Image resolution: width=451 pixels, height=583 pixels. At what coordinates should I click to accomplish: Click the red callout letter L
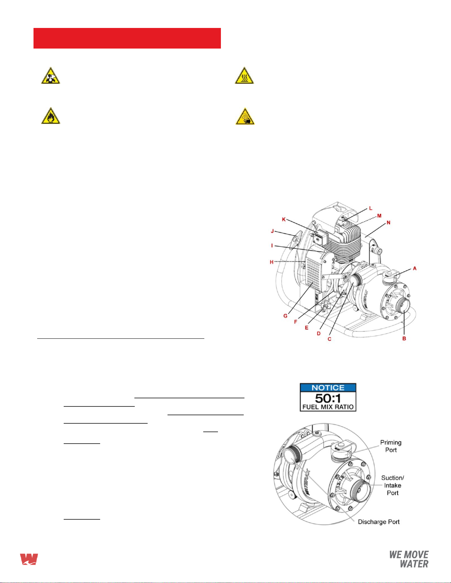tap(371, 208)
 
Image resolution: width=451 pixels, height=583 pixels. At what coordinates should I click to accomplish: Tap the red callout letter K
tap(284, 220)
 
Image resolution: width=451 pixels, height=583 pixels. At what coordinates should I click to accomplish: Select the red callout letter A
tap(415, 268)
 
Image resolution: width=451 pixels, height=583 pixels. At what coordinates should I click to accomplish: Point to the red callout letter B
tap(404, 339)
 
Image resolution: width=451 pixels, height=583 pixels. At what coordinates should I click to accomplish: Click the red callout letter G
tap(285, 316)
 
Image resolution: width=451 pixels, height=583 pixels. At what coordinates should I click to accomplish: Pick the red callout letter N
tap(388, 223)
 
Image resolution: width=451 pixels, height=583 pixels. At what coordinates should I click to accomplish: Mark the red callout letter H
tap(272, 262)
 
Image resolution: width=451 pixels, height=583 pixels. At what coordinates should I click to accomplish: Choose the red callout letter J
tap(272, 231)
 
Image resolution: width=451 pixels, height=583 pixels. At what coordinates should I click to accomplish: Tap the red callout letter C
tap(330, 339)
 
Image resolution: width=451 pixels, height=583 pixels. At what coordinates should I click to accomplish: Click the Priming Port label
tap(391, 446)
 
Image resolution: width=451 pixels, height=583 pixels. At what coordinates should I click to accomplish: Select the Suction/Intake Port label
tap(392, 485)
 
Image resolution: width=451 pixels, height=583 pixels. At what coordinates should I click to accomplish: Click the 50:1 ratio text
tap(328, 398)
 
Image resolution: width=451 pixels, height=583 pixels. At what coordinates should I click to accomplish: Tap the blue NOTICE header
tap(328, 388)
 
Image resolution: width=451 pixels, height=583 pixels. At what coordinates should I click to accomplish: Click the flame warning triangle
tap(50, 116)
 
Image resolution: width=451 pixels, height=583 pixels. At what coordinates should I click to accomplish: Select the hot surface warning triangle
tap(244, 76)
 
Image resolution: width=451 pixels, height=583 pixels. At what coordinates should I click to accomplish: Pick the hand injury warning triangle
tap(245, 117)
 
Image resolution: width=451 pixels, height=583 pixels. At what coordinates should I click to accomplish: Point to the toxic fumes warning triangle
tap(50, 76)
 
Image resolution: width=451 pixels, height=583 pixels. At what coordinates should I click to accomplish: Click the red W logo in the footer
tap(29, 559)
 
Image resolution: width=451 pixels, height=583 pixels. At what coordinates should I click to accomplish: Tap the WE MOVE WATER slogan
tap(409, 559)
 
